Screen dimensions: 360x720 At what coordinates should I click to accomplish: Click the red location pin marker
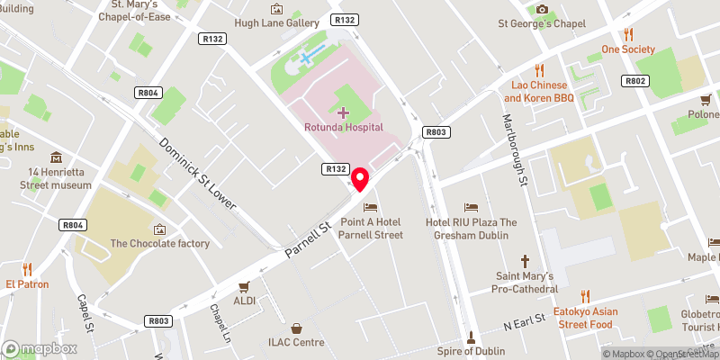tap(361, 179)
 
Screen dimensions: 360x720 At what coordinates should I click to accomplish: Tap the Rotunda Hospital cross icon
tap(342, 112)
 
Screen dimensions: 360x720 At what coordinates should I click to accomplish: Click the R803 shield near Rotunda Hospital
tap(436, 132)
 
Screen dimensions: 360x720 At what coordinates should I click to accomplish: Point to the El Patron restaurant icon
tap(27, 268)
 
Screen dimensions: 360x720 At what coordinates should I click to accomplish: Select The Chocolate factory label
tap(160, 243)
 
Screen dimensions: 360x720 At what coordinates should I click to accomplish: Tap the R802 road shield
tap(635, 80)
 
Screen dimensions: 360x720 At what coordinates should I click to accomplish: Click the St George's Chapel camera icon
tap(542, 9)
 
